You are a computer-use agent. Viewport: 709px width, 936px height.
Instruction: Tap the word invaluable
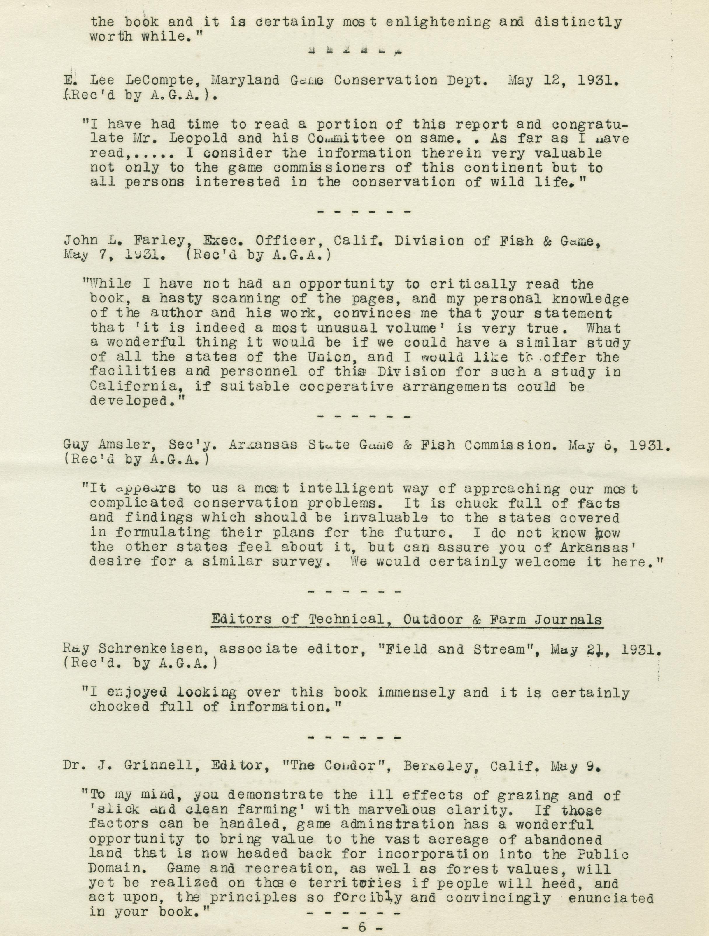pyautogui.click(x=385, y=518)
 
